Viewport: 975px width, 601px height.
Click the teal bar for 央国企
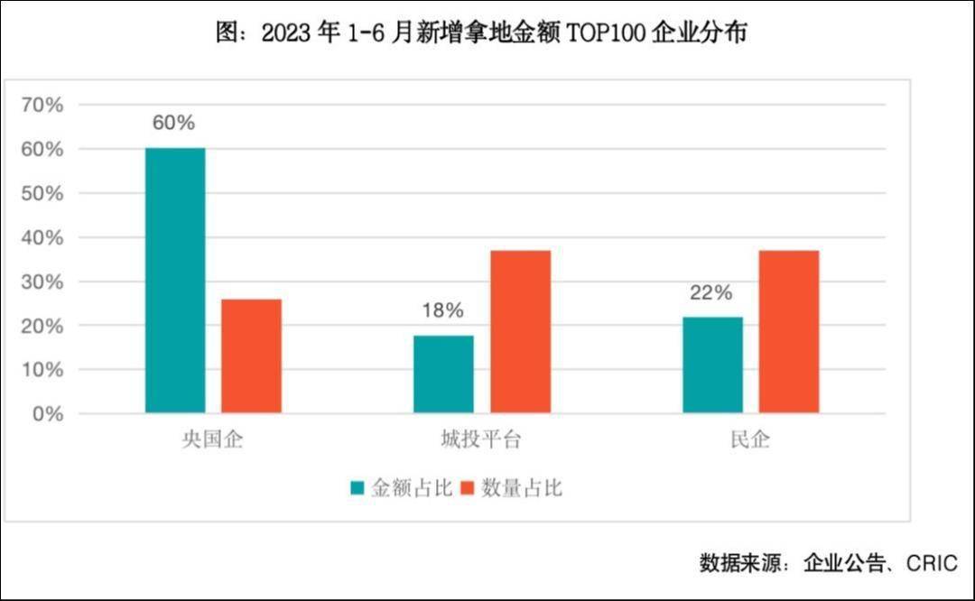point(175,281)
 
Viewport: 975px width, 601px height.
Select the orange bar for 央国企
point(251,356)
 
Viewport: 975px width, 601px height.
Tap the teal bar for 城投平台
point(443,374)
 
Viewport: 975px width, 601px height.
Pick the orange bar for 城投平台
point(520,332)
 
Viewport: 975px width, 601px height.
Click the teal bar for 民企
point(712,365)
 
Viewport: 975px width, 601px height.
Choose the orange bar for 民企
point(788,332)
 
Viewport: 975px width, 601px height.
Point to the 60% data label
point(173,124)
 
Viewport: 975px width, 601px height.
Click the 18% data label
point(442,311)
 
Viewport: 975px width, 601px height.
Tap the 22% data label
point(711,292)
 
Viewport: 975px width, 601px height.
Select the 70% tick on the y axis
point(42,105)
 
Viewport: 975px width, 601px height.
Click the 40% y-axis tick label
point(42,237)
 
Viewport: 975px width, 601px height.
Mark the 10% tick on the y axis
point(42,370)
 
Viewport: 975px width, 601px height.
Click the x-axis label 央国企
point(213,441)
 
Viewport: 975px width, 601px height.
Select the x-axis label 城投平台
point(481,441)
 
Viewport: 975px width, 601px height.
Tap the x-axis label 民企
point(750,441)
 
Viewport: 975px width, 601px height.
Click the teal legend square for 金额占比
point(358,489)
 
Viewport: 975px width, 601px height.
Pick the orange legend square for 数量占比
point(467,489)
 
